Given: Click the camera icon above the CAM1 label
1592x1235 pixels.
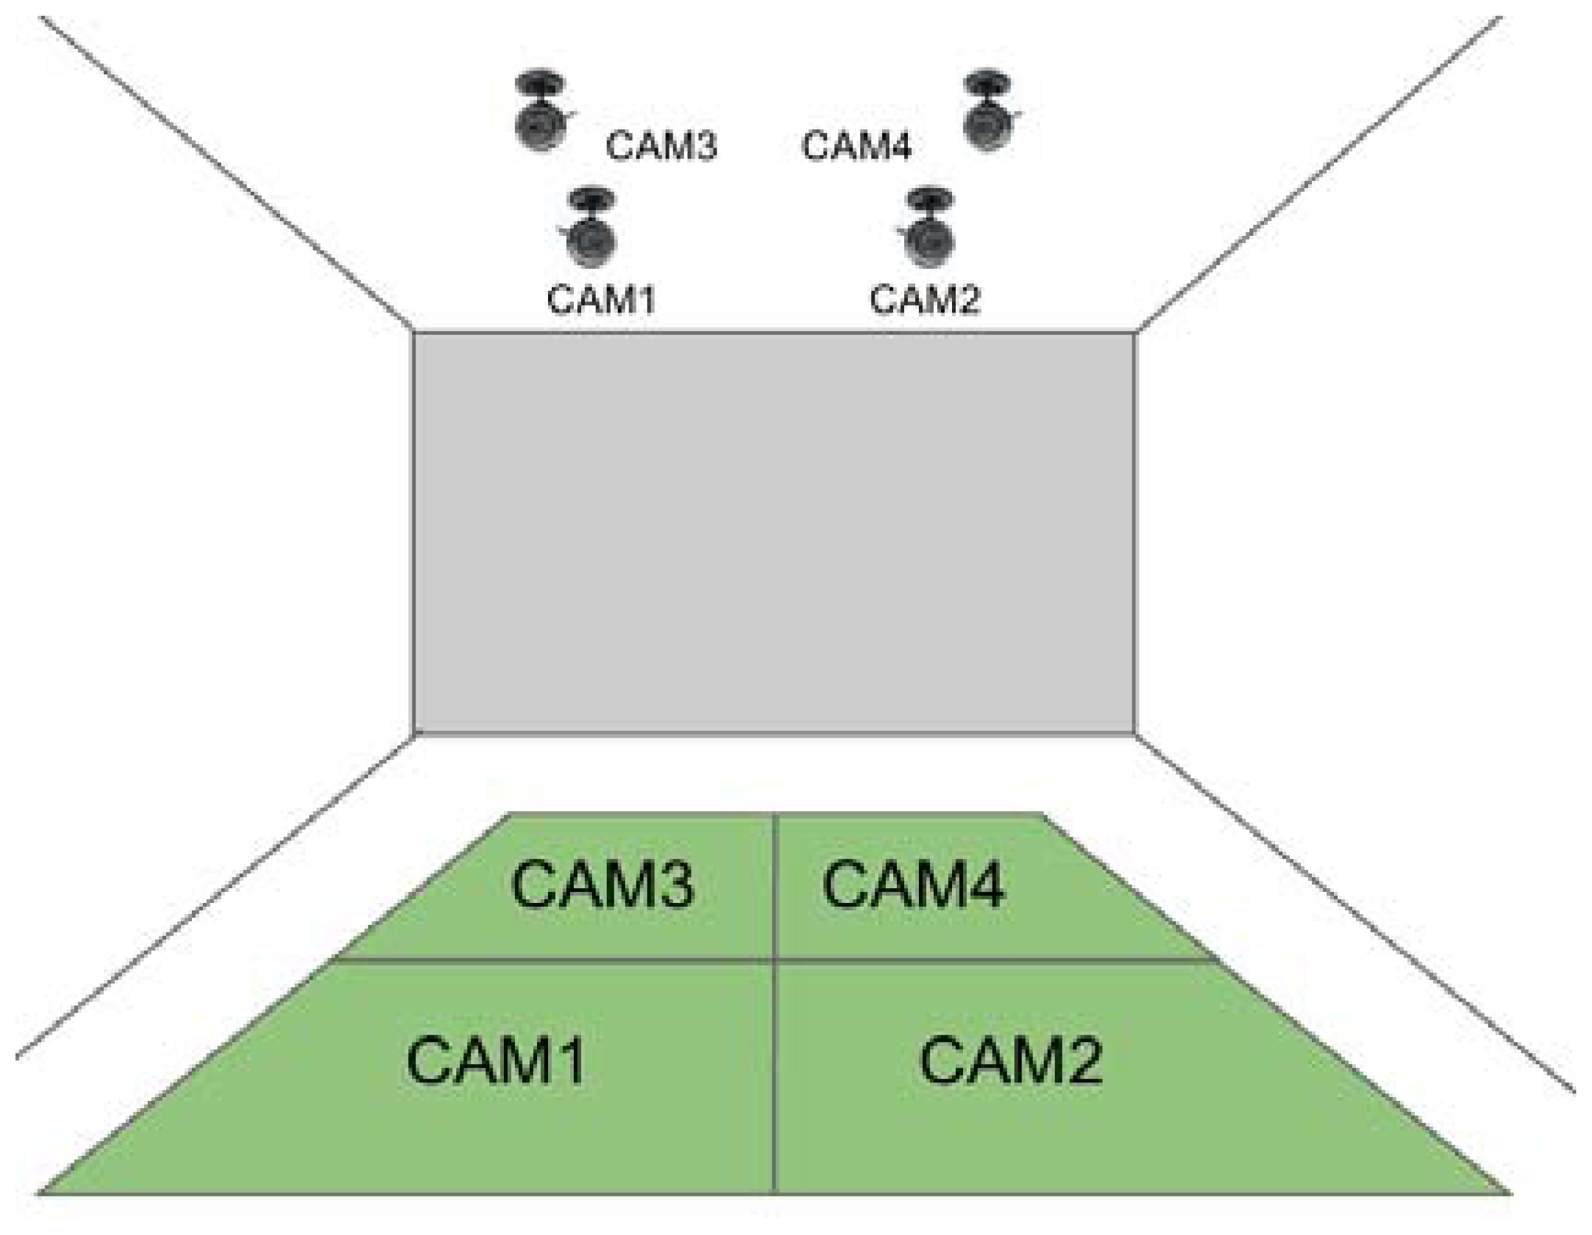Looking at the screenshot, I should tap(590, 227).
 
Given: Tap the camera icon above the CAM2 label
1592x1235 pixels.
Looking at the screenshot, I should tap(927, 227).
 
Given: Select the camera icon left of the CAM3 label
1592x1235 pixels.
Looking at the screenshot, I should tap(541, 111).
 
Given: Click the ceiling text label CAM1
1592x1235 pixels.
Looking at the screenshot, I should tap(601, 300).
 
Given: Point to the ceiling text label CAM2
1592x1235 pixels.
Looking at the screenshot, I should tap(925, 300).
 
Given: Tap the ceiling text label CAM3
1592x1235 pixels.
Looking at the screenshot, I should tap(661, 145).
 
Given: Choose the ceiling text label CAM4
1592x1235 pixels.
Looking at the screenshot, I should tap(856, 145).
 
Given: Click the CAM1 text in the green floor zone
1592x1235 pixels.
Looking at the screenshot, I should tap(496, 1061).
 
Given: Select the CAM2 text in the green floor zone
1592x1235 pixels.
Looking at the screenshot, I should tap(1010, 1061).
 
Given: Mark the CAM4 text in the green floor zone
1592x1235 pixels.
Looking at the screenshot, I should tap(913, 885).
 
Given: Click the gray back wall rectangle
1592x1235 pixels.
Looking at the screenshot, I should tap(774, 532).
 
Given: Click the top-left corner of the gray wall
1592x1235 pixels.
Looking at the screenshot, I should tap(414, 332).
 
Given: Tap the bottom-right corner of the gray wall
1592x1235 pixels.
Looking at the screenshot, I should tap(1135, 734).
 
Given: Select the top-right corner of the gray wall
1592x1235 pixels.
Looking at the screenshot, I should tap(1135, 332).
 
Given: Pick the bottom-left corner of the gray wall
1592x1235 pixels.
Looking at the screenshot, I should tap(414, 734).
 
